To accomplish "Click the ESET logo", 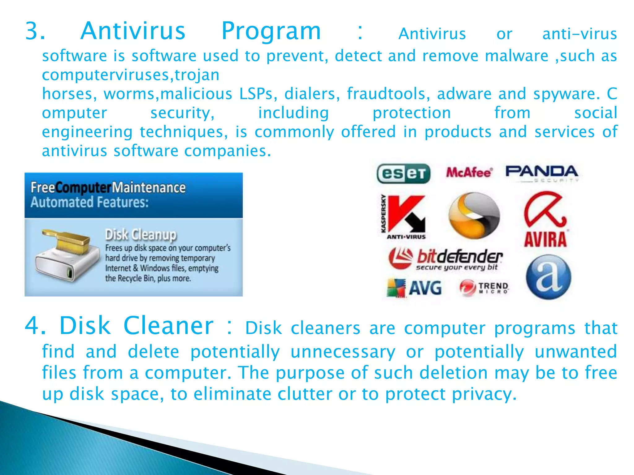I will point(403,173).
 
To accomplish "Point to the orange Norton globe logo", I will point(474,216).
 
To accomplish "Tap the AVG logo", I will point(415,288).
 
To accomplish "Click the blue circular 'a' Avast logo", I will point(548,277).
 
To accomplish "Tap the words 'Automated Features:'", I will point(89,202).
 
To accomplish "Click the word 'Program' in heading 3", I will point(271,31).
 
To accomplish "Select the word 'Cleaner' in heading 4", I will point(168,326).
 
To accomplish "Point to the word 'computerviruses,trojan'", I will point(131,75).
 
